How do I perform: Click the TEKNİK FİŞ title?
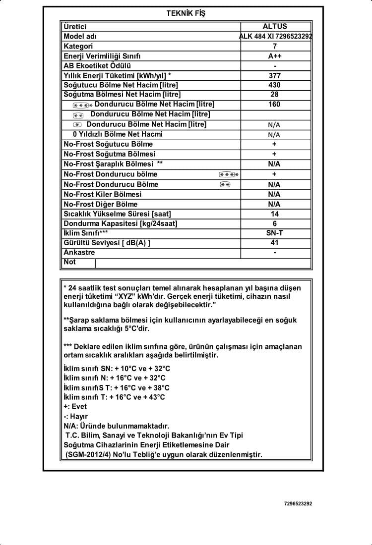[x=186, y=13]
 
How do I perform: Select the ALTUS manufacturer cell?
[x=275, y=26]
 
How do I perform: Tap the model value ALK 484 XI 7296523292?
[x=276, y=36]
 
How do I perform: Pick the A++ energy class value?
[x=275, y=56]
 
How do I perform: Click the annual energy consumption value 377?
[x=275, y=75]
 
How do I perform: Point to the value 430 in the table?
[x=275, y=85]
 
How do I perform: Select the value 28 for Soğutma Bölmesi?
[x=275, y=94]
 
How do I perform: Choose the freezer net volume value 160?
[x=274, y=104]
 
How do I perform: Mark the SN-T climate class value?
[x=275, y=232]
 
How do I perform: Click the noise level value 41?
[x=275, y=242]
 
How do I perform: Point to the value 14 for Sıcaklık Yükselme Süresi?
[x=275, y=214]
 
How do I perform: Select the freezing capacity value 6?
[x=275, y=223]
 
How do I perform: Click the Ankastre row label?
[x=79, y=252]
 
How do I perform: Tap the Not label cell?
[x=70, y=262]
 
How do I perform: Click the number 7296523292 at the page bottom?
[x=298, y=504]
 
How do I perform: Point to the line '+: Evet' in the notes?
[x=75, y=406]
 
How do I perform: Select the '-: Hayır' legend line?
[x=76, y=416]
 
